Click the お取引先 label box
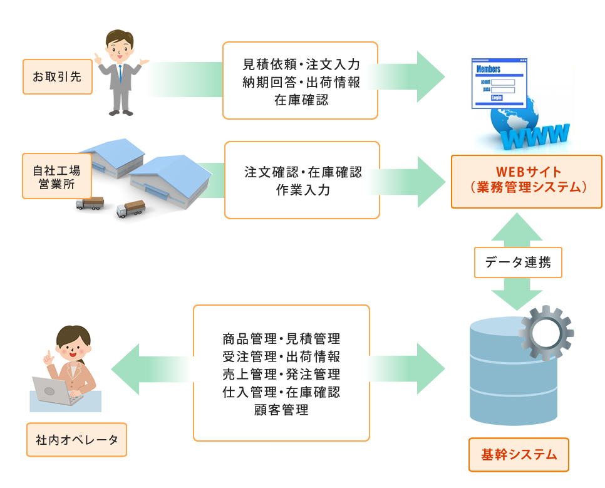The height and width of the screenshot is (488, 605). [58, 76]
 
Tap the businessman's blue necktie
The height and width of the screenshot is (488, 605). [120, 73]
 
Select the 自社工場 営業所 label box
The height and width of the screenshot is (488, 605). [57, 176]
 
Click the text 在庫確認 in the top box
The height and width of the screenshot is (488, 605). [301, 100]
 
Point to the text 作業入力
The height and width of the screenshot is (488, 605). [302, 190]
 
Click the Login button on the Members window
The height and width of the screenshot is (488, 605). [497, 98]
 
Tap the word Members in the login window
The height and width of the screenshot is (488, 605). [488, 69]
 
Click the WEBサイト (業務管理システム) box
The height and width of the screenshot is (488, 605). [527, 182]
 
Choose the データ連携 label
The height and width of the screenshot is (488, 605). [518, 262]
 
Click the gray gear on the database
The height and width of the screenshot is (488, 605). [546, 333]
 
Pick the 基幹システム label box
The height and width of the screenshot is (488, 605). [519, 454]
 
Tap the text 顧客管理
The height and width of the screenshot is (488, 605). [281, 410]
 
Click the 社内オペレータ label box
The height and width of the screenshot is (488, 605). [76, 440]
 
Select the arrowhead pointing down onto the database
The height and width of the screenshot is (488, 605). [517, 300]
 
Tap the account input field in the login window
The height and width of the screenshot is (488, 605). [503, 82]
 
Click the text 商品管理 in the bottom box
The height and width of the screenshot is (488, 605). [250, 338]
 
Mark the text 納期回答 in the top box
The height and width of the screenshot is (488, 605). [269, 82]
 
